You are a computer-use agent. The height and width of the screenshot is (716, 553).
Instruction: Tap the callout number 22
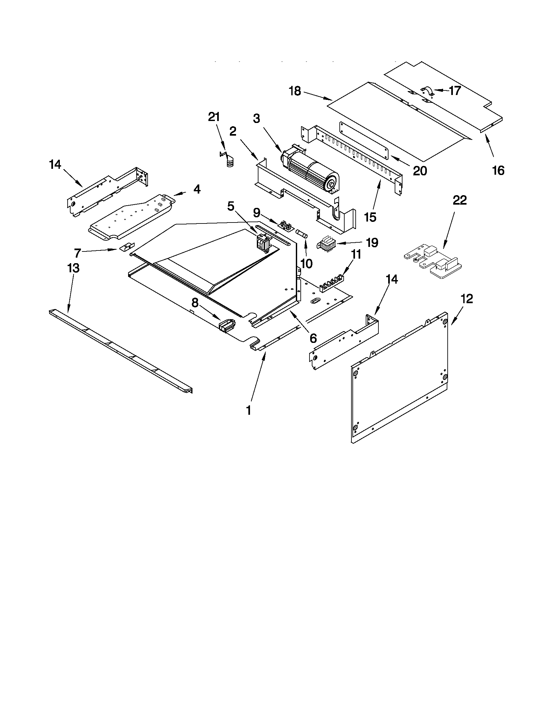click(x=459, y=200)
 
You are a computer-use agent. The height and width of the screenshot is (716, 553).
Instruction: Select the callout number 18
click(x=295, y=91)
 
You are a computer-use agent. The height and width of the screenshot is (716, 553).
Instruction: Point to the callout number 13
click(x=73, y=268)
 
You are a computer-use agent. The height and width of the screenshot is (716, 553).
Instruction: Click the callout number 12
click(x=467, y=299)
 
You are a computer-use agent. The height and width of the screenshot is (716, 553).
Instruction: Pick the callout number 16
click(x=498, y=170)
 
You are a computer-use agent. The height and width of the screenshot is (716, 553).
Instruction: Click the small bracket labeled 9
click(x=285, y=226)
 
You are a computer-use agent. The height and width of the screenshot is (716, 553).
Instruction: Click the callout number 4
click(x=197, y=189)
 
